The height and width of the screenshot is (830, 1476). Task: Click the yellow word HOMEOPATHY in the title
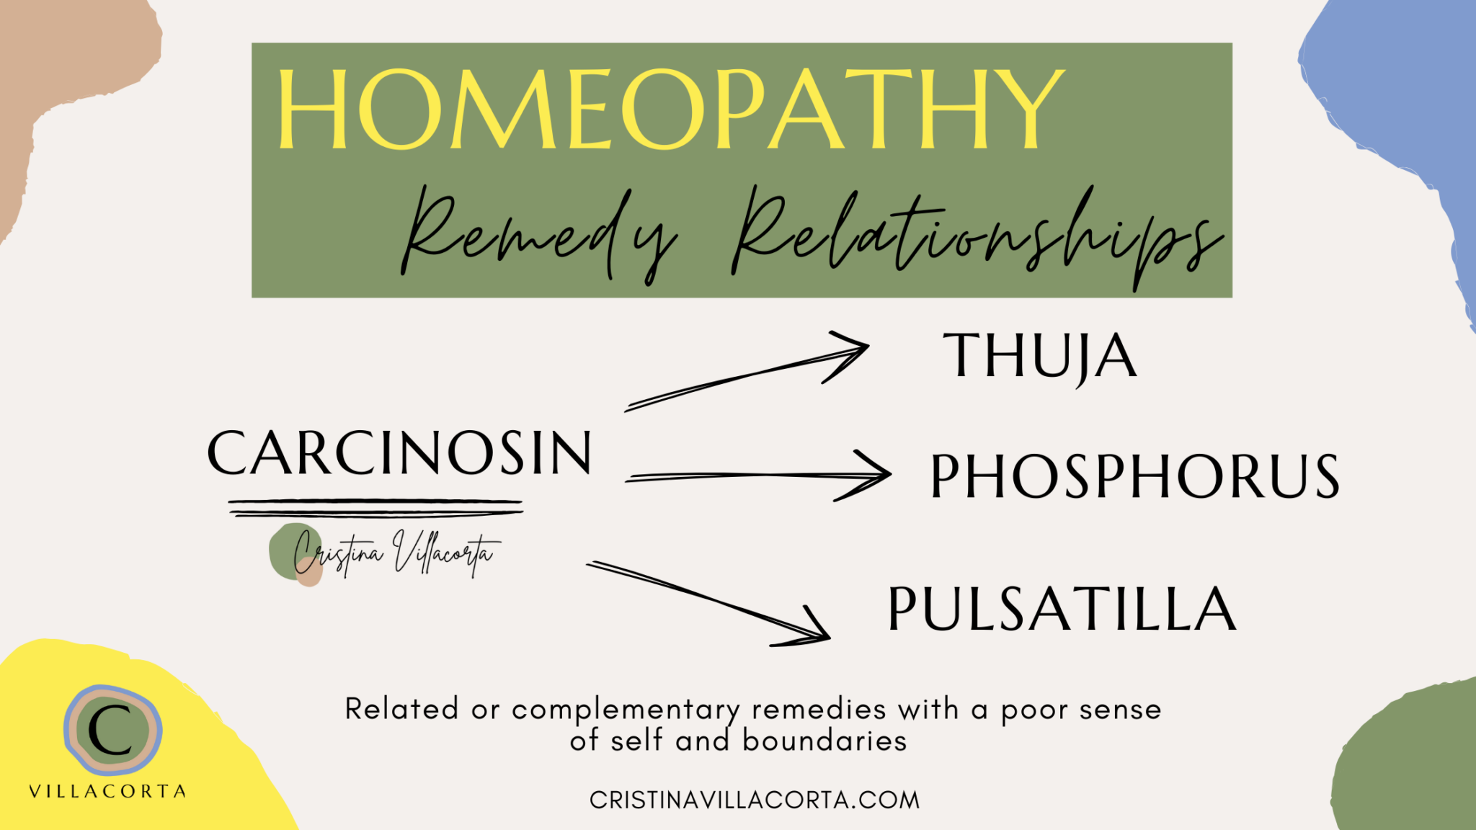670,110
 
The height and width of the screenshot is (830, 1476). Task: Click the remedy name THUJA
1039,356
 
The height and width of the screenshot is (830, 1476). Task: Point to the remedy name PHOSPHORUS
1134,476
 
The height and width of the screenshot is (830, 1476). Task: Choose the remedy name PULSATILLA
1062,610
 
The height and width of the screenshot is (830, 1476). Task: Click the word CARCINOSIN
399,453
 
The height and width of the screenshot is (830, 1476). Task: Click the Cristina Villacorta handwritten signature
393,555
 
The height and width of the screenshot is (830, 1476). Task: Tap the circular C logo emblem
112,729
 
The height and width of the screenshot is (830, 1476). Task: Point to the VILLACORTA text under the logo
107,791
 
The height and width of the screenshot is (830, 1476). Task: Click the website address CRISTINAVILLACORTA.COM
754,800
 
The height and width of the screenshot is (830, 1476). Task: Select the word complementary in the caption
626,710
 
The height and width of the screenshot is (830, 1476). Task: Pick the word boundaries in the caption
824,741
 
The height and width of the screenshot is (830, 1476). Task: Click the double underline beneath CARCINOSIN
375,508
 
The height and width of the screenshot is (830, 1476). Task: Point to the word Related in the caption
401,710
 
